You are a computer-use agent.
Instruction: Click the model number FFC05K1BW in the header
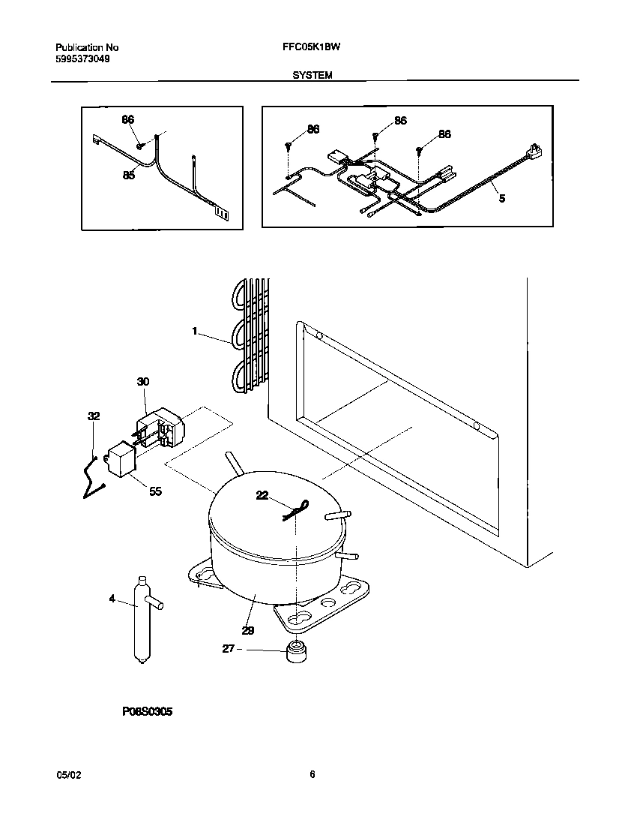click(311, 47)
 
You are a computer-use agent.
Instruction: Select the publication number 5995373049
click(82, 59)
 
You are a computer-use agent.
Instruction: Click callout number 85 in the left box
click(129, 176)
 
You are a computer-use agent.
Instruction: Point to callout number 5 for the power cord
click(502, 199)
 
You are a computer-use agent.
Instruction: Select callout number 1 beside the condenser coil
click(194, 331)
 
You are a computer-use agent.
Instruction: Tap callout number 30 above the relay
click(143, 382)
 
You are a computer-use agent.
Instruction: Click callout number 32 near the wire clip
click(94, 416)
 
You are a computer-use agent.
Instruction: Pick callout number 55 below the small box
click(155, 491)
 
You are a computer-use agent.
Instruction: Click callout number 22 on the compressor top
click(262, 495)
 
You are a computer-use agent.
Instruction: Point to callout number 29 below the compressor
click(248, 631)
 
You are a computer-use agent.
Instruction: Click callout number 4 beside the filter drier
click(112, 598)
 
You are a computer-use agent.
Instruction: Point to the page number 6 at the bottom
click(312, 775)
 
